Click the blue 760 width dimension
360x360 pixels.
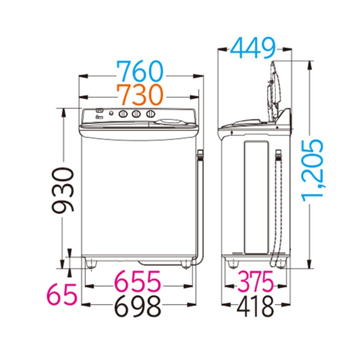pyautogui.click(x=140, y=71)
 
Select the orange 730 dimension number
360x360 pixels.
pyautogui.click(x=140, y=94)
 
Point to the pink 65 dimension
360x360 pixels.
pyautogui.click(x=61, y=294)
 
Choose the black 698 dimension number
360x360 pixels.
pyautogui.click(x=138, y=306)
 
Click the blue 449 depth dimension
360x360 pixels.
pyautogui.click(x=252, y=48)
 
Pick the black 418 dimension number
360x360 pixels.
pyautogui.click(x=255, y=306)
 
